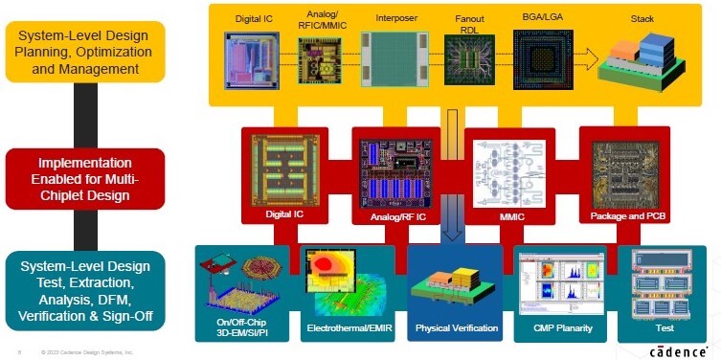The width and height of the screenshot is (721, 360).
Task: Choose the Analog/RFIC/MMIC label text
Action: (x=323, y=20)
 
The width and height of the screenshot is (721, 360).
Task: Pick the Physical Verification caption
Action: (x=456, y=328)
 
